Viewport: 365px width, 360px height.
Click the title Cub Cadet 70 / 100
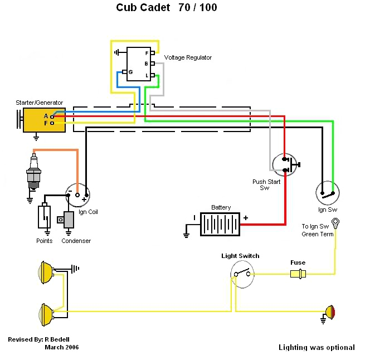(167, 7)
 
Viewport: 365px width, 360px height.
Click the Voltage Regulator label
(188, 57)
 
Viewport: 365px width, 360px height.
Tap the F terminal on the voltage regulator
(152, 53)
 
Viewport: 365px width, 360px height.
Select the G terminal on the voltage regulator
(125, 72)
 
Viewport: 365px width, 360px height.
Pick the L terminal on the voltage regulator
(152, 75)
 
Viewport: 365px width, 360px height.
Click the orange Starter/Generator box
(43, 120)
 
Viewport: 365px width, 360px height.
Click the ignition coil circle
(77, 194)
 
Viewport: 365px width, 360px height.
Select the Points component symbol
(44, 217)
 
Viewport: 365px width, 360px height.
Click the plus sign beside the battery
(245, 218)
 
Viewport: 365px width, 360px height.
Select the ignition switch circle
(328, 193)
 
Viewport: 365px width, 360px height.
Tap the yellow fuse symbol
(298, 274)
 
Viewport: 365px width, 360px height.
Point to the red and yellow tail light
(330, 311)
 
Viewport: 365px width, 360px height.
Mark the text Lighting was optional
(317, 347)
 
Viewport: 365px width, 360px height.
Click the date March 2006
(61, 347)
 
